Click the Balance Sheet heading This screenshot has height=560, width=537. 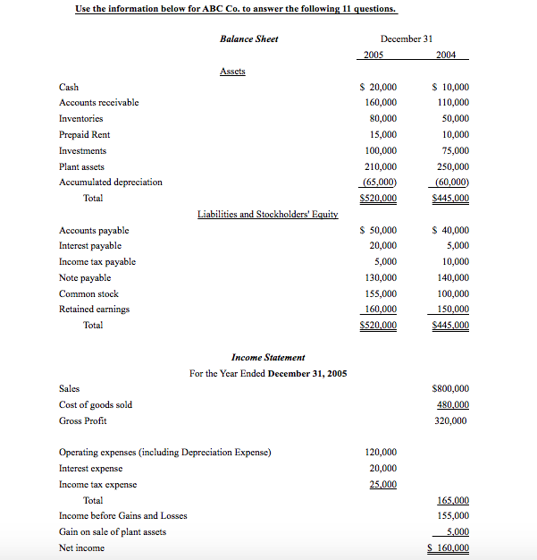pyautogui.click(x=248, y=38)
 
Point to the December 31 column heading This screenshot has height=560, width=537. pyautogui.click(x=407, y=38)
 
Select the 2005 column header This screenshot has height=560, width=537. pyautogui.click(x=376, y=55)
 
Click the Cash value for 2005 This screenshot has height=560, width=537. pyautogui.click(x=378, y=87)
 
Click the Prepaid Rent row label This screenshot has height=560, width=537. pyautogui.click(x=84, y=134)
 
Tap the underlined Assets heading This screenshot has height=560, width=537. pyautogui.click(x=232, y=71)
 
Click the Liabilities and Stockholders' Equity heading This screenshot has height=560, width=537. pyautogui.click(x=267, y=214)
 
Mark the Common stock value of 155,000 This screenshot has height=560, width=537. pyautogui.click(x=381, y=293)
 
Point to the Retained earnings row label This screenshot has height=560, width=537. pyautogui.click(x=94, y=309)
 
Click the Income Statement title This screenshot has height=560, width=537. pyautogui.click(x=268, y=357)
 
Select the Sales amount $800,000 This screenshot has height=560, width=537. pyautogui.click(x=450, y=388)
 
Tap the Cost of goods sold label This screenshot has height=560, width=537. pyautogui.click(x=95, y=404)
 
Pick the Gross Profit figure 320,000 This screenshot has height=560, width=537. pyautogui.click(x=451, y=420)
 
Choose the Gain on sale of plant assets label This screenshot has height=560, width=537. pyautogui.click(x=112, y=531)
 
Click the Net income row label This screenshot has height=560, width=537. pyautogui.click(x=81, y=547)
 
